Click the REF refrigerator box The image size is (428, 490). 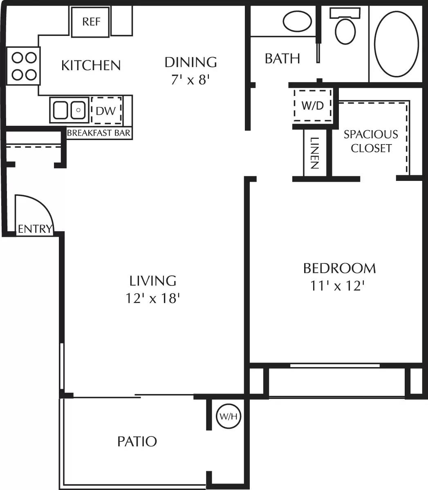click(91, 21)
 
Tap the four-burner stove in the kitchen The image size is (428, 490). click(23, 66)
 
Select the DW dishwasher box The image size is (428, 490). click(106, 110)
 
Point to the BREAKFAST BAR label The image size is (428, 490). click(99, 133)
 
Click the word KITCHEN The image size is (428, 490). click(91, 65)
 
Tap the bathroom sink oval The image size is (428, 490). click(297, 21)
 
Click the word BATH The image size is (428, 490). click(282, 59)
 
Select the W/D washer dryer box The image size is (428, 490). click(313, 105)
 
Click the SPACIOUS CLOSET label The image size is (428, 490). click(371, 141)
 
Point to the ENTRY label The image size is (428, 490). click(35, 229)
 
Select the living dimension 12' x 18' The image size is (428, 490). click(153, 299)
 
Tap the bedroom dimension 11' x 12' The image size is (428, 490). click(337, 286)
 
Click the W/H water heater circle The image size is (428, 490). click(229, 416)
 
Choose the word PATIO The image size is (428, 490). click(137, 441)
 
